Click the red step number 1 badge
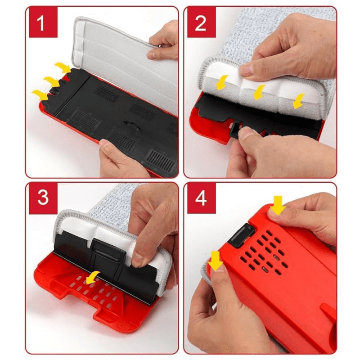pyautogui.click(x=43, y=22)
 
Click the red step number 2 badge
pyautogui.click(x=201, y=22)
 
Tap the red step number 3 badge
pyautogui.click(x=43, y=198)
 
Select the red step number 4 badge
pyautogui.click(x=201, y=198)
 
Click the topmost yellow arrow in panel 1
pyautogui.click(x=63, y=67)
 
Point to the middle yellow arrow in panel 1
pyautogui.click(x=52, y=81)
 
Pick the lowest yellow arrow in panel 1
pyautogui.click(x=40, y=95)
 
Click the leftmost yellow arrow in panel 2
pyautogui.click(x=221, y=82)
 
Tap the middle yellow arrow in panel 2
pyautogui.click(x=259, y=92)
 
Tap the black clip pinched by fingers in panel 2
pyautogui.click(x=236, y=130)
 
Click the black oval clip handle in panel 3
pyautogui.click(x=108, y=252)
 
